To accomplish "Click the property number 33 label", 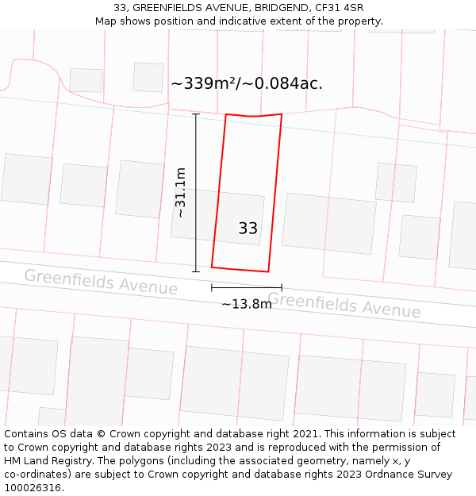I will [248, 229].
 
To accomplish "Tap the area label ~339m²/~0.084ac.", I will [246, 83].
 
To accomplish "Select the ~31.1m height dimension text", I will [181, 192].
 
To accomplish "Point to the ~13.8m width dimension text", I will [246, 304].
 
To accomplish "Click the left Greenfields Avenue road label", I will [101, 282].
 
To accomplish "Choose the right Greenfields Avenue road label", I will [344, 305].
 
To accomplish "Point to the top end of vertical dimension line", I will [196, 113].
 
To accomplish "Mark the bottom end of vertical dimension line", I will [196, 271].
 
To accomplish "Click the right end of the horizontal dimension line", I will [282, 287].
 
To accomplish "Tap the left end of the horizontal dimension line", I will [212, 287].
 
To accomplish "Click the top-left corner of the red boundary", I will [226, 114].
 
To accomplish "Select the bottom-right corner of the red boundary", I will [268, 271].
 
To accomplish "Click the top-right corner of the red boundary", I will [282, 113].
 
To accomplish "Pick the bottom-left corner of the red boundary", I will [212, 267].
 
